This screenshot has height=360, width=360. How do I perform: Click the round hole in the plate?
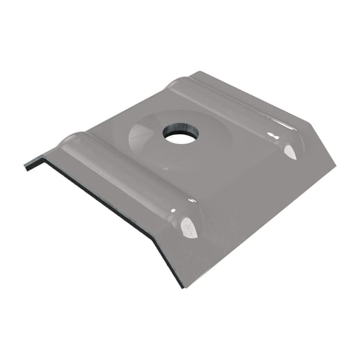click(178, 136)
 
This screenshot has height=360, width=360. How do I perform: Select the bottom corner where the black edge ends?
click(182, 286)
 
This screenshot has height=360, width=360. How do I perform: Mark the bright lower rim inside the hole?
click(179, 141)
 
